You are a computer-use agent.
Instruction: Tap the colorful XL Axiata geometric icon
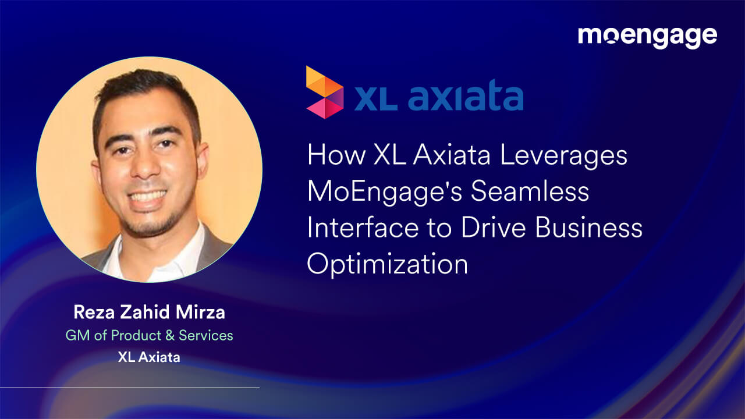click(324, 92)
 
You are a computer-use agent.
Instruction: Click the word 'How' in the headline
click(333, 156)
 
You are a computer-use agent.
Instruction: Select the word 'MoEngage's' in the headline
click(384, 191)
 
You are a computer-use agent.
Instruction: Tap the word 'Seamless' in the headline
click(530, 191)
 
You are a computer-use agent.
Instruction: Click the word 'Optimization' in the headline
click(388, 264)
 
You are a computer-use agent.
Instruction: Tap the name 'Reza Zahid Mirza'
click(149, 313)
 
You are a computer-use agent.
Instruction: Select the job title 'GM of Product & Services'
click(149, 335)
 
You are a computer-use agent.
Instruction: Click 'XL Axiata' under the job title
click(149, 357)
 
